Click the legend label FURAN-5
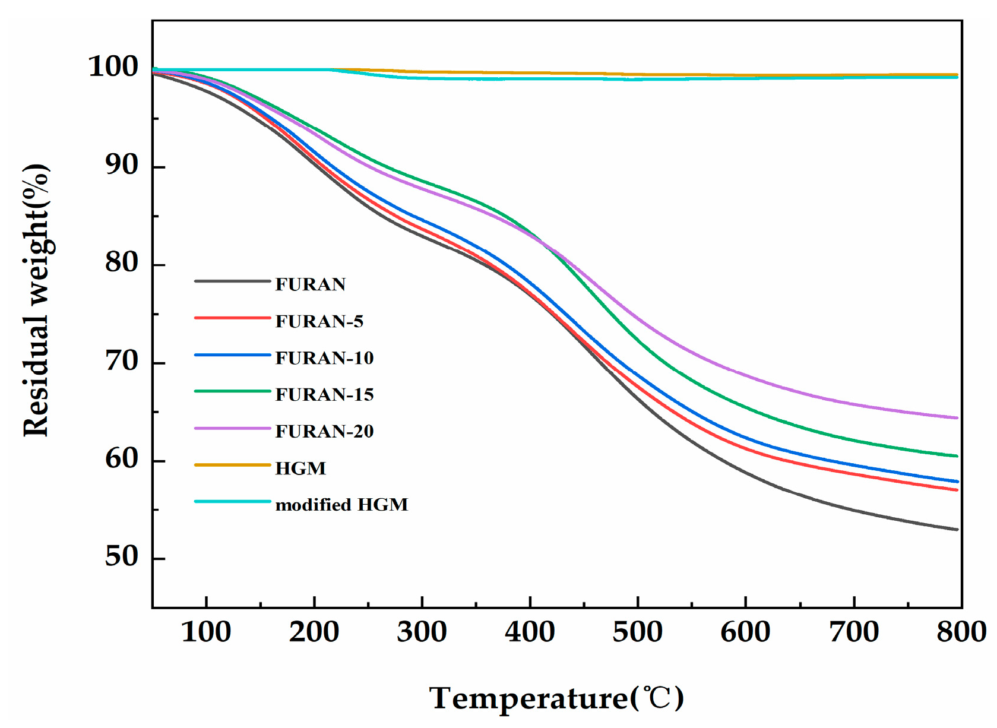pos(319,321)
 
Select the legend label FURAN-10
pos(324,358)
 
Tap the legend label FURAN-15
pos(324,395)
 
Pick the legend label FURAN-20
pos(324,431)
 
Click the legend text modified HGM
pos(341,505)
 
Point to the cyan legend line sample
pos(233,502)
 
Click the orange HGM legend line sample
pos(233,465)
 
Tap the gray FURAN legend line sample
pos(233,281)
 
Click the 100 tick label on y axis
pos(113,67)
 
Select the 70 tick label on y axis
pos(121,361)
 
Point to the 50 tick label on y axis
pos(121,557)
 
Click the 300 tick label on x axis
pos(422,632)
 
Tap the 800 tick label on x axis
pos(961,632)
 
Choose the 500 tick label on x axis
pos(637,632)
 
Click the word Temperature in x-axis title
pos(528,698)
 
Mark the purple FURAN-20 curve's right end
pos(957,418)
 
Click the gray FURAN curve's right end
pos(957,530)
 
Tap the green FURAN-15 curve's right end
pos(957,456)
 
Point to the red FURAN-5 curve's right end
pos(957,490)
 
